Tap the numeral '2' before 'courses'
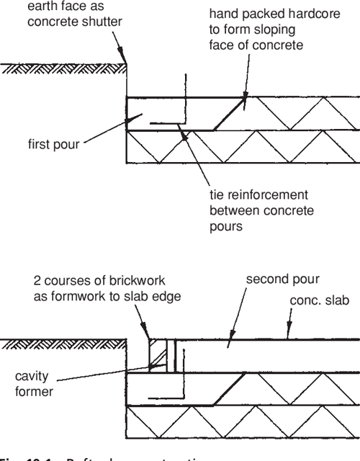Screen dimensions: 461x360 coord(37,279)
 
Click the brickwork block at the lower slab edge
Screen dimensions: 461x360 coord(158,357)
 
